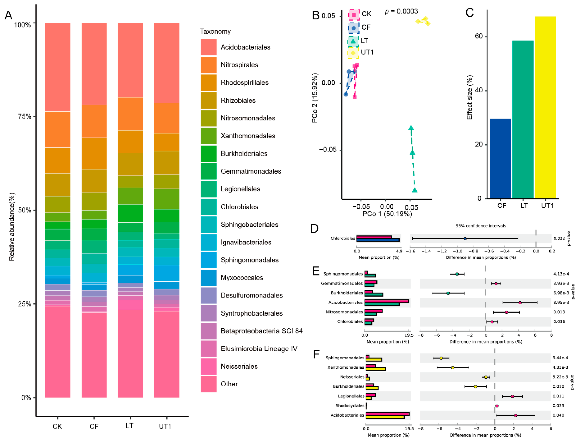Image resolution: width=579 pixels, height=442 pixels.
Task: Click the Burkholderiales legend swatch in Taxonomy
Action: pyautogui.click(x=208, y=154)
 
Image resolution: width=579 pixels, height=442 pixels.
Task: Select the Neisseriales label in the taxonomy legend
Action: pyautogui.click(x=239, y=366)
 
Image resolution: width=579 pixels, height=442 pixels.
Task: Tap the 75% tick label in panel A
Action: pyautogui.click(x=24, y=116)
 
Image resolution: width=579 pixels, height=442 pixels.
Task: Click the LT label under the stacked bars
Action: pyautogui.click(x=129, y=426)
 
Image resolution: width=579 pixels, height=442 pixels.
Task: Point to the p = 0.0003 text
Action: pyautogui.click(x=401, y=11)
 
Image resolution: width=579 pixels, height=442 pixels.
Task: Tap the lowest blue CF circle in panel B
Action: pyautogui.click(x=346, y=94)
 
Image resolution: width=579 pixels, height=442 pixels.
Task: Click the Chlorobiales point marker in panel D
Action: pyautogui.click(x=465, y=239)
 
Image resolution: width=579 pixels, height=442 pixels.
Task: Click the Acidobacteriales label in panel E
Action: pyautogui.click(x=345, y=302)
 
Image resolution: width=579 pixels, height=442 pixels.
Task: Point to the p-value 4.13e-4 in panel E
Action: pyautogui.click(x=561, y=274)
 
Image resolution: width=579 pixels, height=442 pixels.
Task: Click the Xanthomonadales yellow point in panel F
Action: pyautogui.click(x=452, y=368)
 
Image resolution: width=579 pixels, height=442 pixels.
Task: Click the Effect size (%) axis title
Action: pyautogui.click(x=469, y=97)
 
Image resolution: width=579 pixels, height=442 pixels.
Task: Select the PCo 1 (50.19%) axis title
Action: pyautogui.click(x=387, y=214)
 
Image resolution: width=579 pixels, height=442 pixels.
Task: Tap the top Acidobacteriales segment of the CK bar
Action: pyautogui.click(x=58, y=67)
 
